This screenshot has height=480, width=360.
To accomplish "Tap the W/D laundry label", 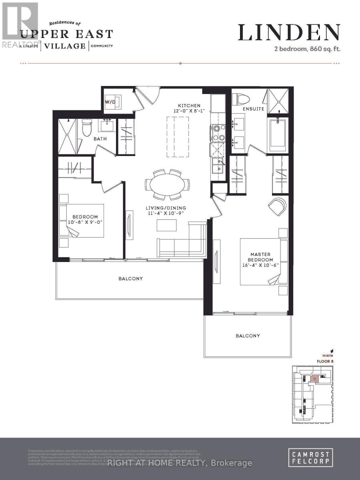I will (x=110, y=102).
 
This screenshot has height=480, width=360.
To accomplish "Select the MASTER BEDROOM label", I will (x=260, y=258).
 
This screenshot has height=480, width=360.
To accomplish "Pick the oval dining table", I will (x=167, y=185).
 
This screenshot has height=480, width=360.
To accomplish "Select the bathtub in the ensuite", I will (x=278, y=134).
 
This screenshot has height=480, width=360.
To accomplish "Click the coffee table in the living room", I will (x=166, y=226).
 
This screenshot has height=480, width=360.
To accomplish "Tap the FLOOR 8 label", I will (x=326, y=361).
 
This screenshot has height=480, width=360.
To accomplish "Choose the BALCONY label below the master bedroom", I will (x=248, y=336).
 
